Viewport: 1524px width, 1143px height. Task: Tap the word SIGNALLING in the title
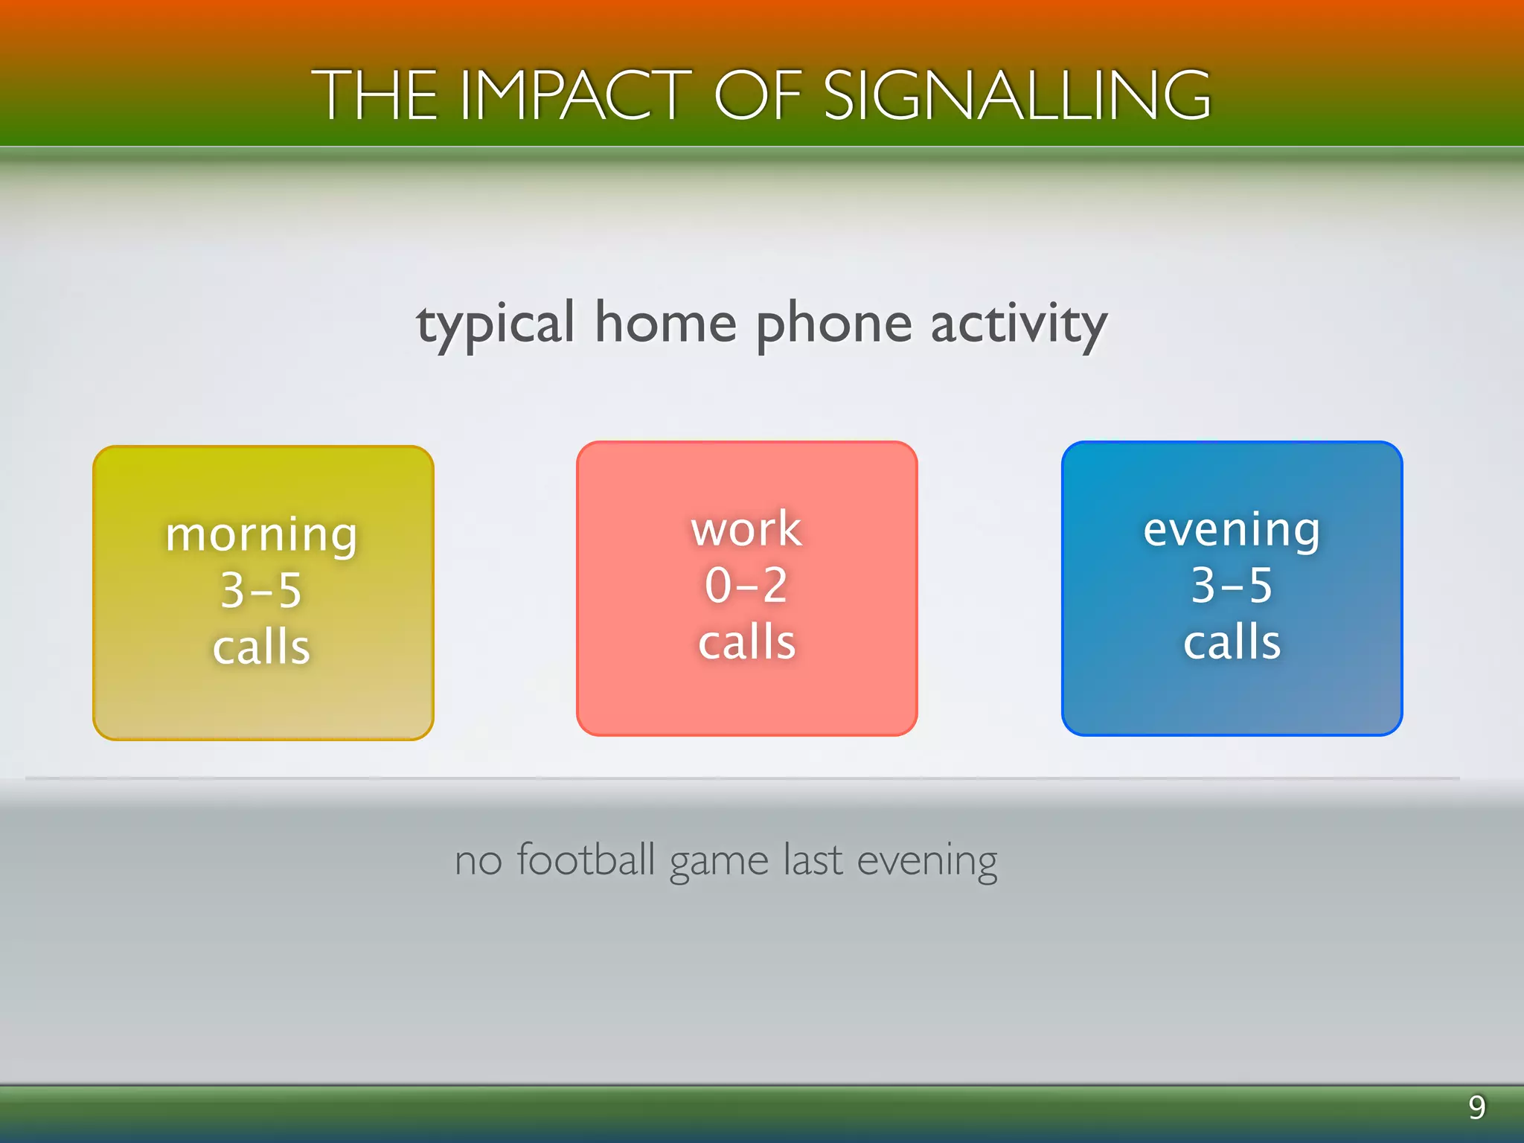point(1017,95)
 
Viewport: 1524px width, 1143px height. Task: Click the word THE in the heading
point(374,95)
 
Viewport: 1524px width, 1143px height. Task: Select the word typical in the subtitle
point(496,325)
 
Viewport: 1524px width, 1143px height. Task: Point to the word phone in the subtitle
point(833,325)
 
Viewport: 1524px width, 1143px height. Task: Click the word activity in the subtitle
point(1019,325)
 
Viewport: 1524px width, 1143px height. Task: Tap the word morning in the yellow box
point(262,535)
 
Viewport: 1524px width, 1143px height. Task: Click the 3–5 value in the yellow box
point(262,591)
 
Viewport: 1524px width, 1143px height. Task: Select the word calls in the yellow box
point(262,646)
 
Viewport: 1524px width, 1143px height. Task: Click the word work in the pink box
point(746,529)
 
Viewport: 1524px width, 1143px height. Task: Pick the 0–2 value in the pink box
point(746,585)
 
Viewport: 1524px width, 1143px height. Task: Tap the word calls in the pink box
point(746,641)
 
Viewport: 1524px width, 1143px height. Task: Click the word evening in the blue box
point(1232,531)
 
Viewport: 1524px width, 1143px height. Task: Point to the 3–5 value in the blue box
point(1232,585)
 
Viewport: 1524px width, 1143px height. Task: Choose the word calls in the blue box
point(1232,641)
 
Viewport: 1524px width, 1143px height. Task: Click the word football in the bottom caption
point(586,859)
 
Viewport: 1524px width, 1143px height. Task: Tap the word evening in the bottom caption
point(926,862)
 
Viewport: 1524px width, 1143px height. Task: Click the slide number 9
point(1477,1107)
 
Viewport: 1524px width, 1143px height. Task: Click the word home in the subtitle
point(665,324)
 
